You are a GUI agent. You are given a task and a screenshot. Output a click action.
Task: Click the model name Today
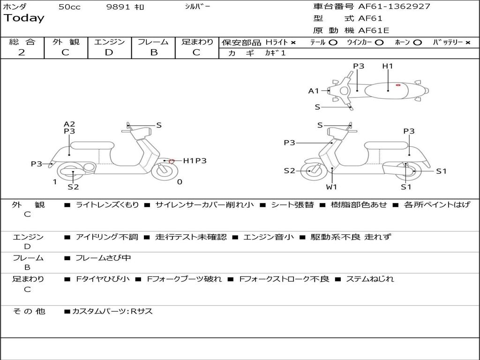(x=24, y=18)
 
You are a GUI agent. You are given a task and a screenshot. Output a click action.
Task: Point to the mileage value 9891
(x=119, y=7)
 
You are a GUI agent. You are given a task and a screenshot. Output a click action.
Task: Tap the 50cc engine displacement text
(x=69, y=7)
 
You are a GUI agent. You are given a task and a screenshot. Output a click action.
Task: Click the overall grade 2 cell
(x=22, y=52)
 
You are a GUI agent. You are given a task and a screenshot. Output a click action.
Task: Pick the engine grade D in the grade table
(x=109, y=52)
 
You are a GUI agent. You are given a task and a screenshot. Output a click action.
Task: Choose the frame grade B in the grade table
(x=153, y=52)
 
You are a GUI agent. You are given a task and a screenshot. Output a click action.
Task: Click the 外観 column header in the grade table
(x=66, y=42)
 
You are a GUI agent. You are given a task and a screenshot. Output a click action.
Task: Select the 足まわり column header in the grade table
(x=197, y=42)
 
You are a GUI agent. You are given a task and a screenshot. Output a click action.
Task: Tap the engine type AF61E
(x=374, y=31)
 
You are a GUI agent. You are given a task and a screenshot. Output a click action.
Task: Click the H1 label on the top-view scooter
(x=388, y=66)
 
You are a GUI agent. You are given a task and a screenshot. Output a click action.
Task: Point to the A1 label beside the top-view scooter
(x=314, y=91)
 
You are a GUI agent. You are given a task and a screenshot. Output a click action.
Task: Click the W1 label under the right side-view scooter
(x=332, y=187)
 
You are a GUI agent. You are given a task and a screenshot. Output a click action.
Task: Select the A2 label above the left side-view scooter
(x=69, y=124)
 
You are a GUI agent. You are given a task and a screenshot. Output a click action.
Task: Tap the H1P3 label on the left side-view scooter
(x=195, y=161)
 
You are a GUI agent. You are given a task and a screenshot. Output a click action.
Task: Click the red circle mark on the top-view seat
(x=398, y=85)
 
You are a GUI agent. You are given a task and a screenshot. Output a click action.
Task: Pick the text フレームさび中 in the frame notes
(x=103, y=258)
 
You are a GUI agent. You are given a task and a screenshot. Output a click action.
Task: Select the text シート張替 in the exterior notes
(x=292, y=205)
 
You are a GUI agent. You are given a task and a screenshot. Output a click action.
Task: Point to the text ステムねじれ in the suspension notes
(x=370, y=279)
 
